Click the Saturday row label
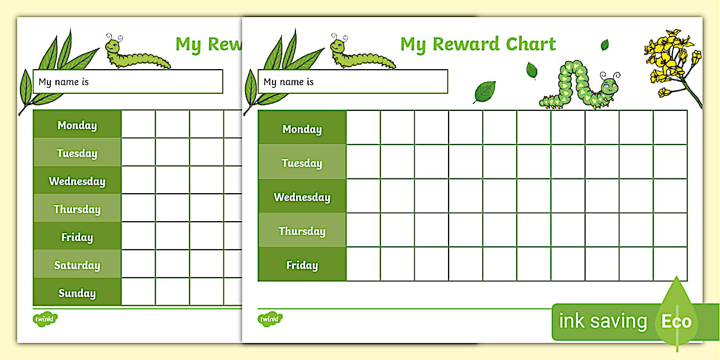(77, 265)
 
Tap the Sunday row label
(77, 293)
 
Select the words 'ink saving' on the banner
(602, 321)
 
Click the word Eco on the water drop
(677, 322)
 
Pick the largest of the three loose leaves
(485, 91)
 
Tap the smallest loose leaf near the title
(605, 45)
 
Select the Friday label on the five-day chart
(302, 265)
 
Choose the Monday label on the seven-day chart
(77, 125)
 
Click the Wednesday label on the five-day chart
(302, 197)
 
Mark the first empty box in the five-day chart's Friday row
(363, 264)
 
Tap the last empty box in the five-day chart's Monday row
(670, 127)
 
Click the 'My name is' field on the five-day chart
(353, 82)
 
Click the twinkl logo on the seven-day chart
(45, 319)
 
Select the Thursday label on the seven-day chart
(77, 209)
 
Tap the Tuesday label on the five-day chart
(302, 163)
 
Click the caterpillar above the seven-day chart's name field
(137, 54)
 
